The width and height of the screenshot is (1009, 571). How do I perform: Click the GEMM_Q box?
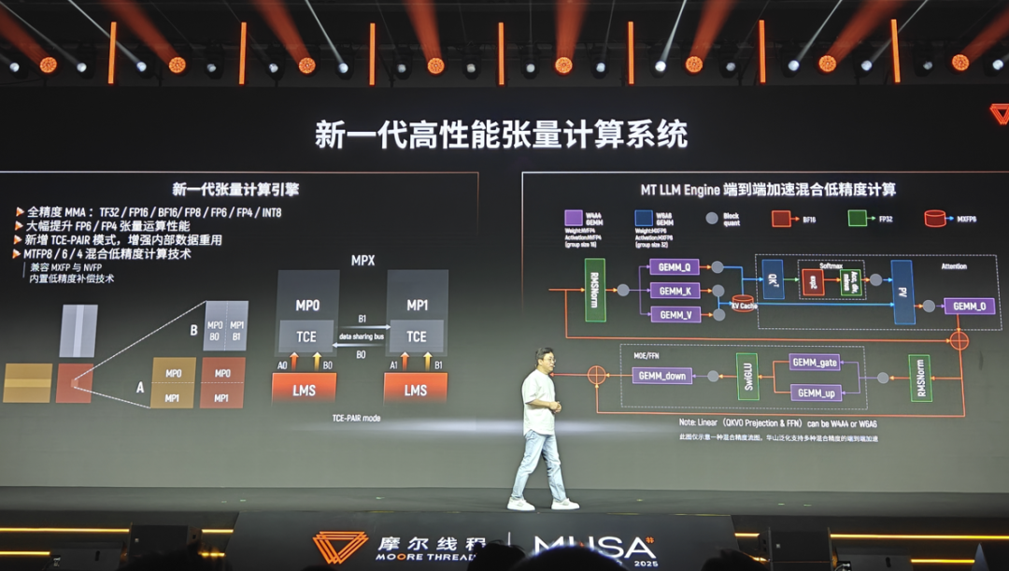[674, 267]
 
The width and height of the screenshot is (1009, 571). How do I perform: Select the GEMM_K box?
[674, 291]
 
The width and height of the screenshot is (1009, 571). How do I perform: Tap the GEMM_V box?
[674, 315]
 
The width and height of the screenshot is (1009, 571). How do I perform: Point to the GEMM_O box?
[969, 306]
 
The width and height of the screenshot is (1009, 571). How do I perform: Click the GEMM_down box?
[662, 376]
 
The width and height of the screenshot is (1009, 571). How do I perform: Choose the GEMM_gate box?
[815, 362]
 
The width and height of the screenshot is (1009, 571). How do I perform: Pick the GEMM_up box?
[815, 393]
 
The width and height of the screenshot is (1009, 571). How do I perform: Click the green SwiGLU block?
[747, 377]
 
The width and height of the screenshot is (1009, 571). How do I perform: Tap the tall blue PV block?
[902, 292]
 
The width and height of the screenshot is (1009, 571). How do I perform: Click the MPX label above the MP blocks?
[362, 260]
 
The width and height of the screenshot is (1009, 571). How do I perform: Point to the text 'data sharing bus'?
[362, 334]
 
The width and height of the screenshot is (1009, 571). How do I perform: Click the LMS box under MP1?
[416, 390]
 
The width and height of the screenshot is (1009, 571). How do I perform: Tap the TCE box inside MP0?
[306, 336]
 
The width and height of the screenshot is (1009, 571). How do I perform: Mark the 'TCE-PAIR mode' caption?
[356, 418]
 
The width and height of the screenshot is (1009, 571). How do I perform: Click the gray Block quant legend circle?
[712, 219]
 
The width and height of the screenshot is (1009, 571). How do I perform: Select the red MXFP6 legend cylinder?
[934, 219]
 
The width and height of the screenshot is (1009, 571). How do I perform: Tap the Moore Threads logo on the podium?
[339, 548]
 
